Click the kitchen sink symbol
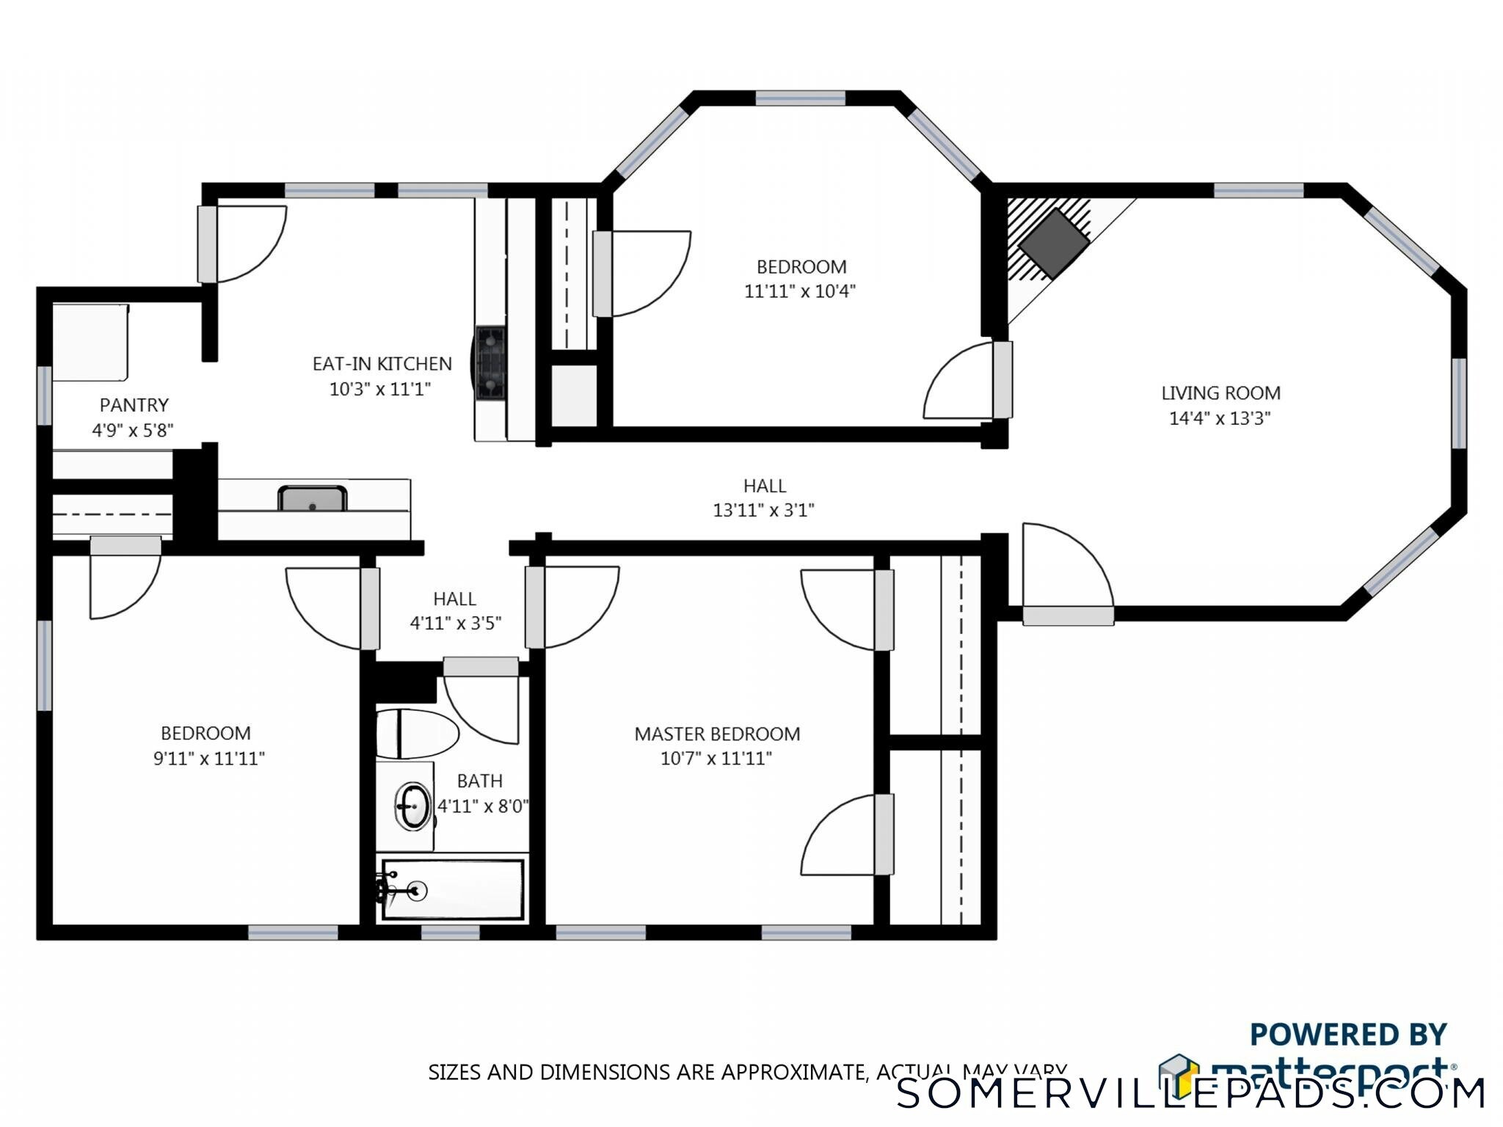(x=312, y=498)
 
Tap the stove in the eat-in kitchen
(x=490, y=363)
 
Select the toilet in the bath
(x=415, y=733)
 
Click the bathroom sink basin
(x=414, y=806)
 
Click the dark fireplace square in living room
(x=1053, y=243)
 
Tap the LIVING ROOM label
(x=1220, y=393)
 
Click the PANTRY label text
(x=134, y=405)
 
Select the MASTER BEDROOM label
(x=717, y=734)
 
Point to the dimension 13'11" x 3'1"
(x=763, y=510)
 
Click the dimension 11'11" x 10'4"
(x=800, y=291)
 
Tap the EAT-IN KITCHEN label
(x=382, y=364)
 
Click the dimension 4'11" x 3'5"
(x=455, y=623)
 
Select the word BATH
(x=479, y=781)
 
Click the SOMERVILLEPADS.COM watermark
(x=1190, y=1093)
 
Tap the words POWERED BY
(x=1347, y=1035)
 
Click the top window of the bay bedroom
(x=800, y=98)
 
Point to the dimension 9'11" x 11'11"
(x=208, y=758)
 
